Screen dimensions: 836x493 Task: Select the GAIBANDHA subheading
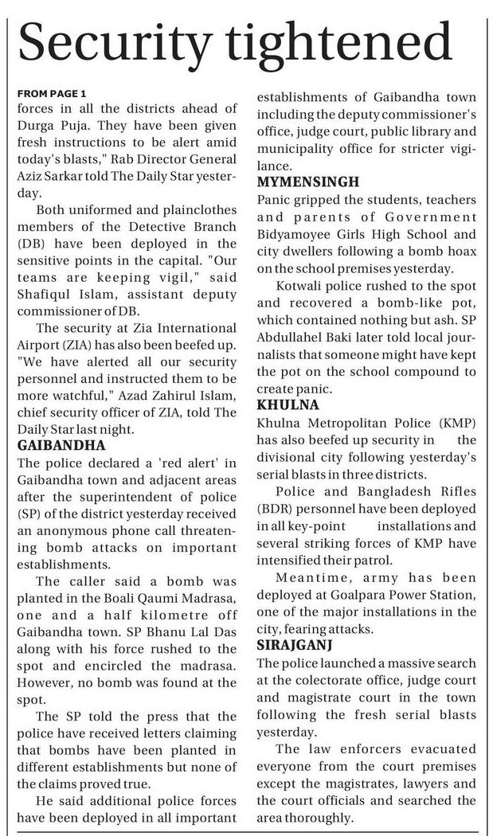61,444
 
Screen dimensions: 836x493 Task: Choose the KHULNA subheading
287,405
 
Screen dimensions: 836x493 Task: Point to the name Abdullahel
292,338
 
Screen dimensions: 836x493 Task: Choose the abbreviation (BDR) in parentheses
274,509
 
